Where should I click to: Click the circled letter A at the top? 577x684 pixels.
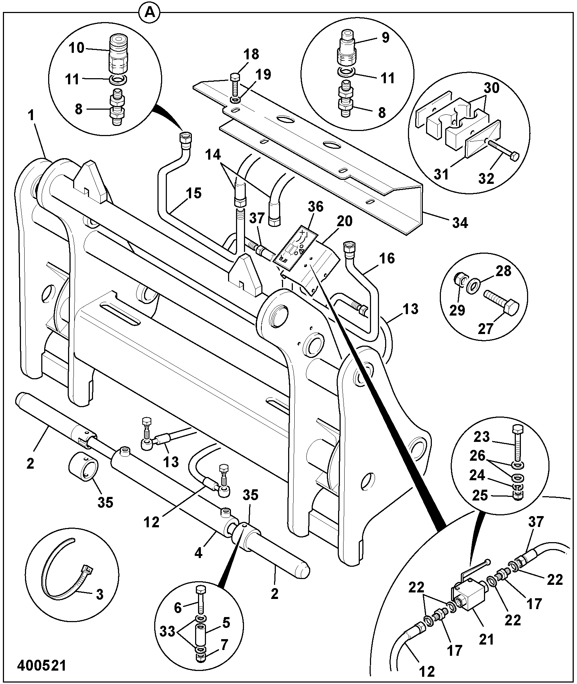(x=150, y=14)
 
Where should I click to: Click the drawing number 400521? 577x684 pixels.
(x=42, y=665)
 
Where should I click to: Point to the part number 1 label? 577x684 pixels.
(x=31, y=116)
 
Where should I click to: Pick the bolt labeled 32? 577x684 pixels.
(x=502, y=152)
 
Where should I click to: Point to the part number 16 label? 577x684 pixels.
(x=388, y=259)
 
